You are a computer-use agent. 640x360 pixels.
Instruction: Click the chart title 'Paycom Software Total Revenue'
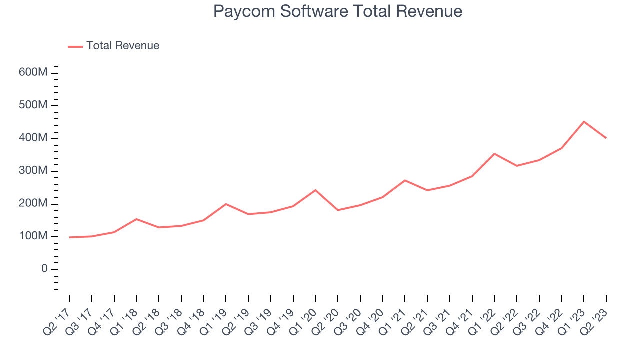point(337,11)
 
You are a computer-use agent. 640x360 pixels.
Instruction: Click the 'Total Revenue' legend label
point(122,46)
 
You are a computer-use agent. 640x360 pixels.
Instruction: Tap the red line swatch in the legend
point(75,46)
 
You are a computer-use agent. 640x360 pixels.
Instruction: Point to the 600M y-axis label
point(33,73)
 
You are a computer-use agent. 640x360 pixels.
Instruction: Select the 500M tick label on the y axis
point(33,105)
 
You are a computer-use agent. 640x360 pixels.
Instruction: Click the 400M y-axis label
point(33,138)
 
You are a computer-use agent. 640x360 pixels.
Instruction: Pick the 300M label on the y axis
point(33,171)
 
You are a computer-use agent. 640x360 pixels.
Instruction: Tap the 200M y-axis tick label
point(33,204)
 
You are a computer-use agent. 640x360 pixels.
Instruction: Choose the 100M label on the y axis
point(33,236)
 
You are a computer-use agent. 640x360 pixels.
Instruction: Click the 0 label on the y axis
point(44,269)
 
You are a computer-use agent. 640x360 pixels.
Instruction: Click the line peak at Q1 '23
point(584,121)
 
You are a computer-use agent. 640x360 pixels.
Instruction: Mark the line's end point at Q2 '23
point(606,138)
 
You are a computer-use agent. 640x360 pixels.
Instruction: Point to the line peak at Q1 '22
point(494,154)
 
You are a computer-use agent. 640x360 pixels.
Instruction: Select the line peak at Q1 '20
point(315,190)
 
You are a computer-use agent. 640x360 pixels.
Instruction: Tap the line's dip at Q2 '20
point(338,210)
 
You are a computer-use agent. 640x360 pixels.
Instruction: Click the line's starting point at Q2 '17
point(69,237)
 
